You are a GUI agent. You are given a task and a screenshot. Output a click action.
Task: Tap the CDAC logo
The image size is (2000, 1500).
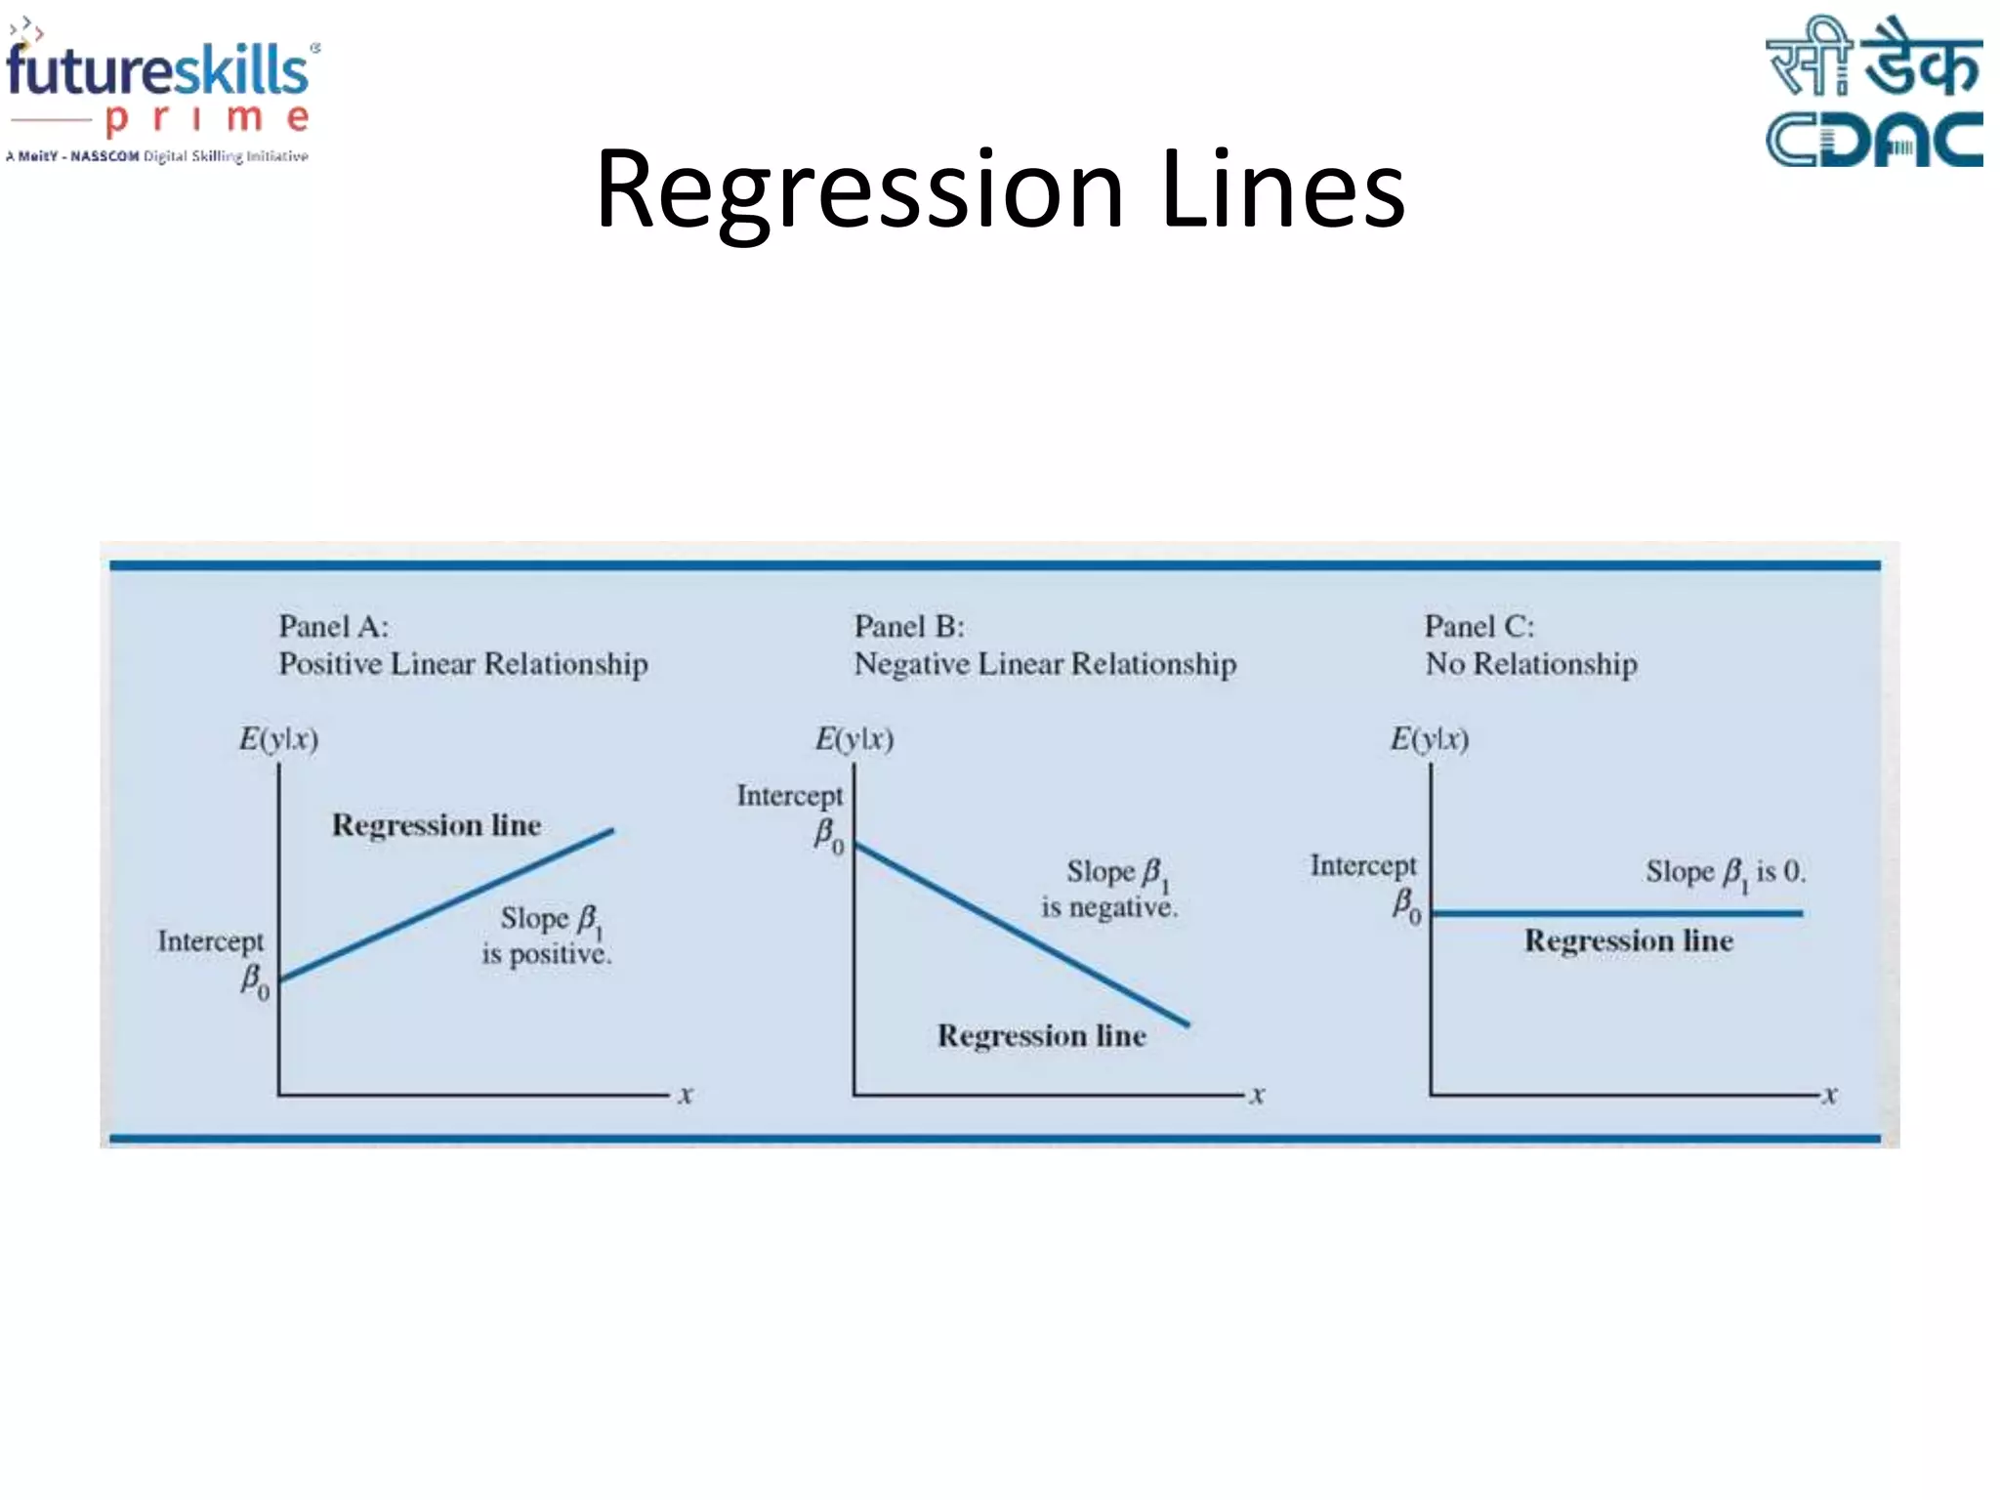(1873, 93)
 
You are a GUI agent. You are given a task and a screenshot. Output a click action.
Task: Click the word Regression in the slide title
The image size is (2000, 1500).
(859, 190)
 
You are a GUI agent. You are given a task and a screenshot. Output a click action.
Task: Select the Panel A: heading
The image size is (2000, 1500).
(333, 627)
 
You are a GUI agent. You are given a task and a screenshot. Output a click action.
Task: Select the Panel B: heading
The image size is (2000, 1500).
(908, 627)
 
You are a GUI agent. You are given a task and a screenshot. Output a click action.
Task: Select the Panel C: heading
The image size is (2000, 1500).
(1479, 627)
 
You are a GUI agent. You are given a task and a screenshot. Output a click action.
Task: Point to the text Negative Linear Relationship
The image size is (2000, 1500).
(1045, 664)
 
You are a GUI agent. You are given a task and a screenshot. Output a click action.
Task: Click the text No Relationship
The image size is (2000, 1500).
(1530, 664)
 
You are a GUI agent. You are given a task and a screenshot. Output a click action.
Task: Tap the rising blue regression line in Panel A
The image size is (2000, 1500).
(446, 904)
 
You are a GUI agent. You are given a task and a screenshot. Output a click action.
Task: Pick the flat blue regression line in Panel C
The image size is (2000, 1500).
(1616, 913)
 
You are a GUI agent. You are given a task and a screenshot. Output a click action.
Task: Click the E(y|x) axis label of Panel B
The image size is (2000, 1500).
(854, 739)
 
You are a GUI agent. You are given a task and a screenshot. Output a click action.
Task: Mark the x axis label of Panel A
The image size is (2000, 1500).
(686, 1095)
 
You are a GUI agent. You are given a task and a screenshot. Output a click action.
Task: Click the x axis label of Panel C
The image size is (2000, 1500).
(1830, 1095)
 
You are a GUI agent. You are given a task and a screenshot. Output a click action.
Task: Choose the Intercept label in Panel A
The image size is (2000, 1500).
(210, 941)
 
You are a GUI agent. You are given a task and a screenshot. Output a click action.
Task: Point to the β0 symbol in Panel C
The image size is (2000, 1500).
(1406, 905)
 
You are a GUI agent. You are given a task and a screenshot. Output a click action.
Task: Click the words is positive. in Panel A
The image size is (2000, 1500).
(546, 954)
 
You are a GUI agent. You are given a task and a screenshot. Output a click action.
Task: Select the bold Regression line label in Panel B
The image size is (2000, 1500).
(1041, 1035)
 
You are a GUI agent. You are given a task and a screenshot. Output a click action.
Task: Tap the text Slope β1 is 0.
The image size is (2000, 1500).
(1726, 872)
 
